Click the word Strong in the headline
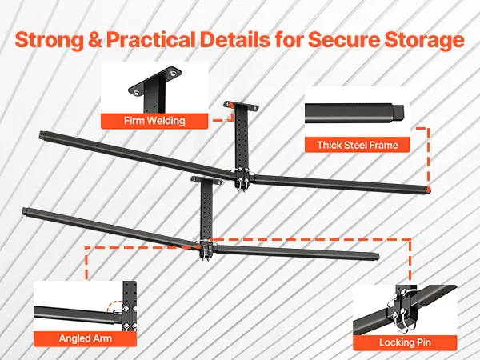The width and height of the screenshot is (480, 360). (50, 40)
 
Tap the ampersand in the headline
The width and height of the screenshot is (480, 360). (95, 40)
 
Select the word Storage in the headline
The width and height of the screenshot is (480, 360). (424, 40)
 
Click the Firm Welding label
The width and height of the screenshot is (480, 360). (154, 121)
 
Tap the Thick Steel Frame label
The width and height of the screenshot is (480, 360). (358, 145)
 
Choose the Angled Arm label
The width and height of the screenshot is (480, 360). (85, 338)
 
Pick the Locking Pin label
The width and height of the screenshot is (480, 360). (405, 342)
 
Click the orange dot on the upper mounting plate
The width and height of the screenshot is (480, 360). (231, 106)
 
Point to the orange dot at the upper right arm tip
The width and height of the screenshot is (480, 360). (429, 189)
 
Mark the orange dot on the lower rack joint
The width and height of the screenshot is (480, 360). (198, 246)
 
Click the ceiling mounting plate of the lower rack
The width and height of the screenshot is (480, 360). (206, 181)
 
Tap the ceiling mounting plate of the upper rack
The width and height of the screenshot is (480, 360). (242, 106)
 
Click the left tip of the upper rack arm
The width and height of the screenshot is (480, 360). (41, 134)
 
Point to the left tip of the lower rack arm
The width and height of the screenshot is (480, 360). (23, 211)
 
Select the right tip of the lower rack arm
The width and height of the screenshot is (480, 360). (378, 256)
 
